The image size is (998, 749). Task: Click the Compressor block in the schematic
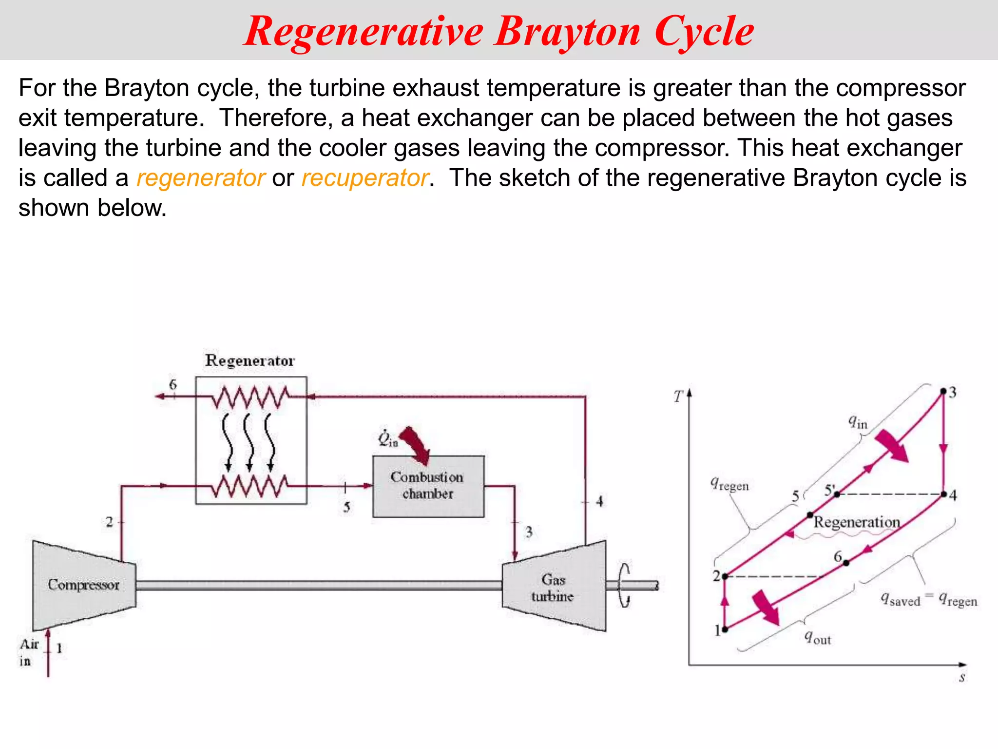click(x=84, y=585)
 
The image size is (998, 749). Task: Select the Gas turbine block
click(x=554, y=587)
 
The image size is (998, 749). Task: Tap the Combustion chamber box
click(x=428, y=486)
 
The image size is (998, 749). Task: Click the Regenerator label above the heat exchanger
click(x=250, y=361)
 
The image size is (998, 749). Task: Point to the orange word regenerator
click(x=201, y=178)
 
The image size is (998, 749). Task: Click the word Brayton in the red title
click(x=568, y=32)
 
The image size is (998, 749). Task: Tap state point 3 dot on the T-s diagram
click(x=943, y=391)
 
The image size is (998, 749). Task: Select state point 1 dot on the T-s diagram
click(x=725, y=630)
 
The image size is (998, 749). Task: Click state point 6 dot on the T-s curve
click(x=846, y=563)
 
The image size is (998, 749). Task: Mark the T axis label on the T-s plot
click(x=678, y=396)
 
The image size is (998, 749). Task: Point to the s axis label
click(x=962, y=677)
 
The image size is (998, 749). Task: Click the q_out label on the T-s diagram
click(x=817, y=637)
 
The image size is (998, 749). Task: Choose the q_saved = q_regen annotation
click(x=929, y=599)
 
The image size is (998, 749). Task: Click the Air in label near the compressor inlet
click(x=28, y=652)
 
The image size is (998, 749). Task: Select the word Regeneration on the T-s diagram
click(x=857, y=522)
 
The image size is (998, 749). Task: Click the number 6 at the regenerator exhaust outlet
click(x=173, y=384)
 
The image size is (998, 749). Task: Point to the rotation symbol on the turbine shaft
click(x=625, y=586)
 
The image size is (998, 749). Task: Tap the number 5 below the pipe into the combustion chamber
click(x=346, y=507)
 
